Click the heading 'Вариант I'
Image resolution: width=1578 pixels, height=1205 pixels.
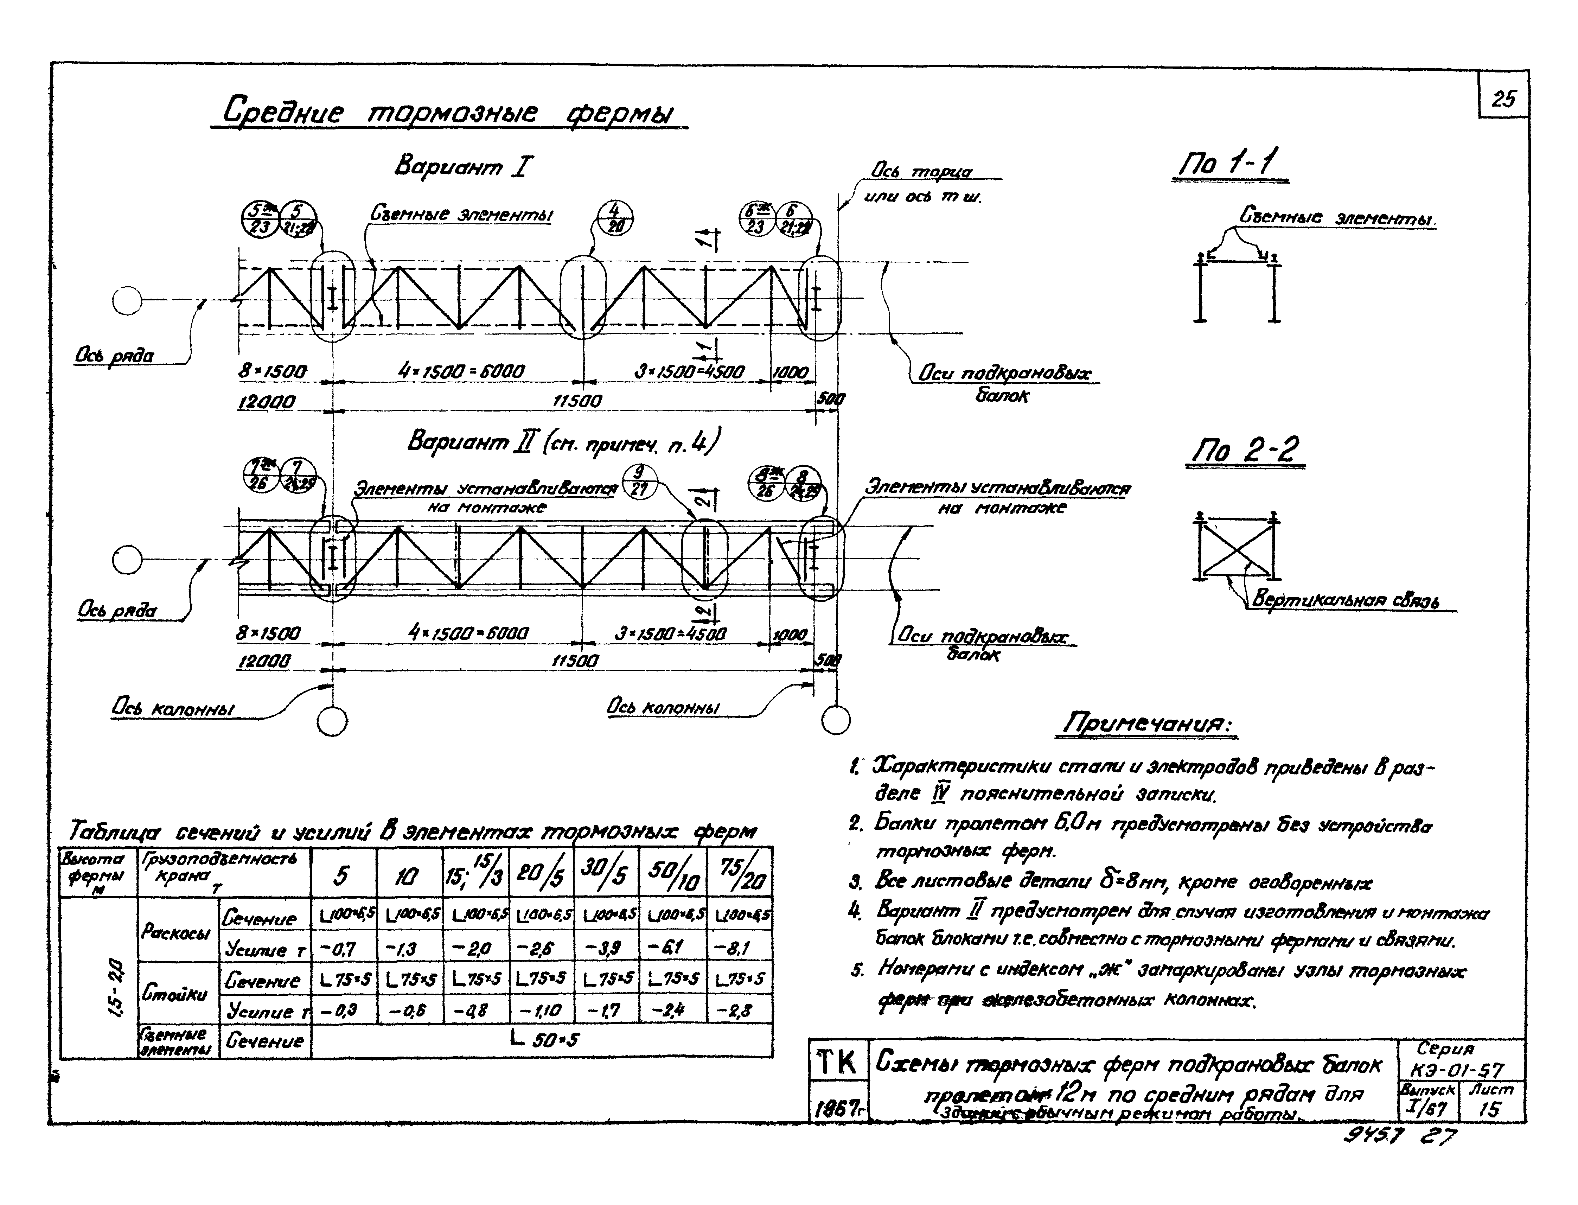(463, 166)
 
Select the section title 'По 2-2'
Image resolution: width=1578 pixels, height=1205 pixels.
(1245, 451)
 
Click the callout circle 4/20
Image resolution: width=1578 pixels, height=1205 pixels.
(615, 217)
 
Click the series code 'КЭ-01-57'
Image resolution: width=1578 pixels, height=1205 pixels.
(1456, 1070)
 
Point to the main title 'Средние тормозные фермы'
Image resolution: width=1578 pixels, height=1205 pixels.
(448, 113)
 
